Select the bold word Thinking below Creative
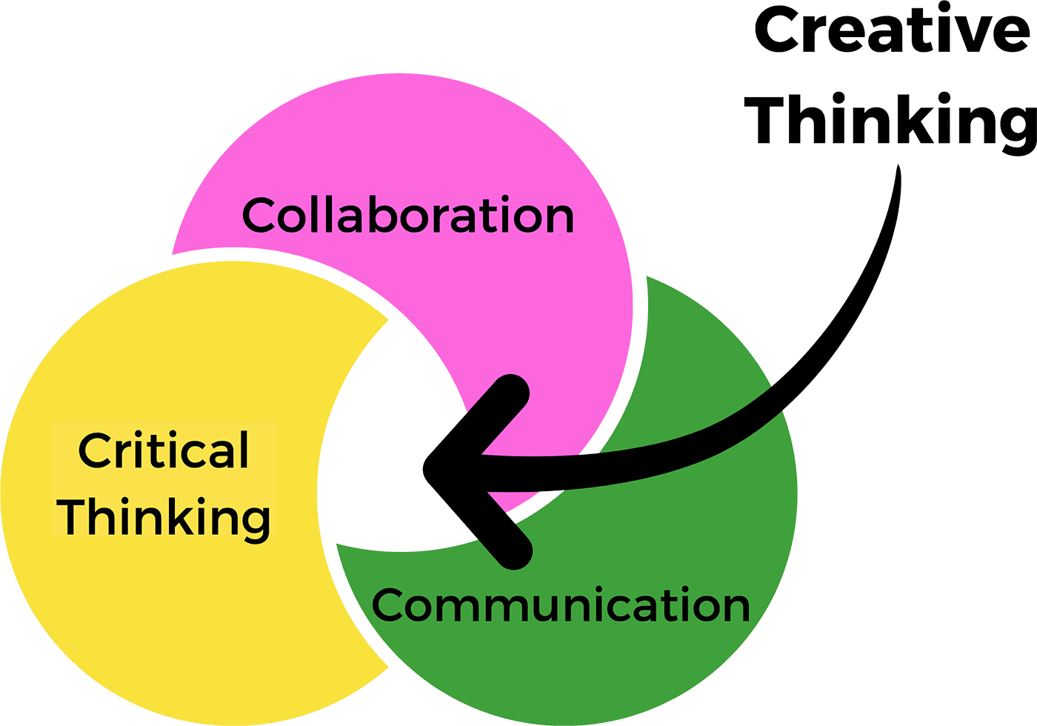[892, 121]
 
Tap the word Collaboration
[408, 216]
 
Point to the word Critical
[164, 450]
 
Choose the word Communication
[561, 605]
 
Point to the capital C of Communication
[390, 605]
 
